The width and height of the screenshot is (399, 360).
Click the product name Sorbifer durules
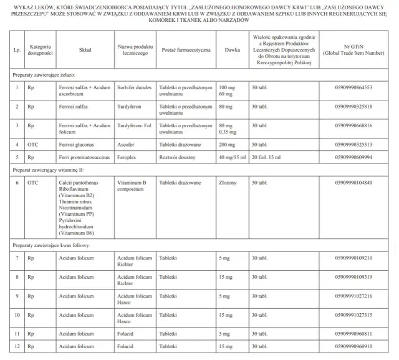coord(134,87)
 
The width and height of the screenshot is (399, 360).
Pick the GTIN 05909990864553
coord(353,87)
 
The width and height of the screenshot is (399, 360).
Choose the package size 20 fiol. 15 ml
coord(269,157)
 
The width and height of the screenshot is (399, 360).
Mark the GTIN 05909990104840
coord(353,183)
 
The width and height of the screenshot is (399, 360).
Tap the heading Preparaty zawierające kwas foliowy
coord(51,246)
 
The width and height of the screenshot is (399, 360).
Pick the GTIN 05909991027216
coord(353,296)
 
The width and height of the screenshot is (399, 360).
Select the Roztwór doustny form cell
coord(178,157)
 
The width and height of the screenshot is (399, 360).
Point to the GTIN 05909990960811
coord(353,334)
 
